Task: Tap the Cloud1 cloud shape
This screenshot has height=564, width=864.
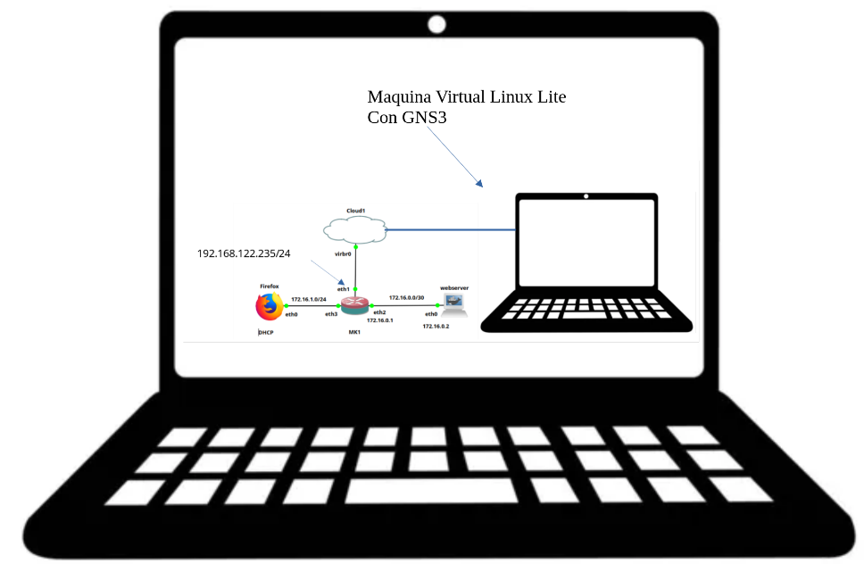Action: (355, 231)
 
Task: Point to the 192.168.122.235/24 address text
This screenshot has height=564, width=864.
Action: (244, 253)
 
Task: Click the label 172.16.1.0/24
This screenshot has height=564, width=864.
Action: (309, 298)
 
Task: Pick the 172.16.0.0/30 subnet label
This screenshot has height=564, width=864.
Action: (407, 297)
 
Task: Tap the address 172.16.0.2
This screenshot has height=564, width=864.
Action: (436, 327)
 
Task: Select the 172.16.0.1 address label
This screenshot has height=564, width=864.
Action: (380, 319)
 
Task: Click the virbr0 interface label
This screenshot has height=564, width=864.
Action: (342, 254)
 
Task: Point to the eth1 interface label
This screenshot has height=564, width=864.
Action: (343, 288)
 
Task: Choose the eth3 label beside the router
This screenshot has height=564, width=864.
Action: (330, 314)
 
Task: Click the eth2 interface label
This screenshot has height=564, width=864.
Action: (379, 311)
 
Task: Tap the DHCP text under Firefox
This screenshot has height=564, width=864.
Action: (265, 333)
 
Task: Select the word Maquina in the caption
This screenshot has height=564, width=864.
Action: (397, 96)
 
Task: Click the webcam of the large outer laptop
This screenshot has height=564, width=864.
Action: (436, 25)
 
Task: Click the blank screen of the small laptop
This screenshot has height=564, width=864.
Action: (586, 246)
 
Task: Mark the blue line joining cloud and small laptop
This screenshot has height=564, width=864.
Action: (451, 230)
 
